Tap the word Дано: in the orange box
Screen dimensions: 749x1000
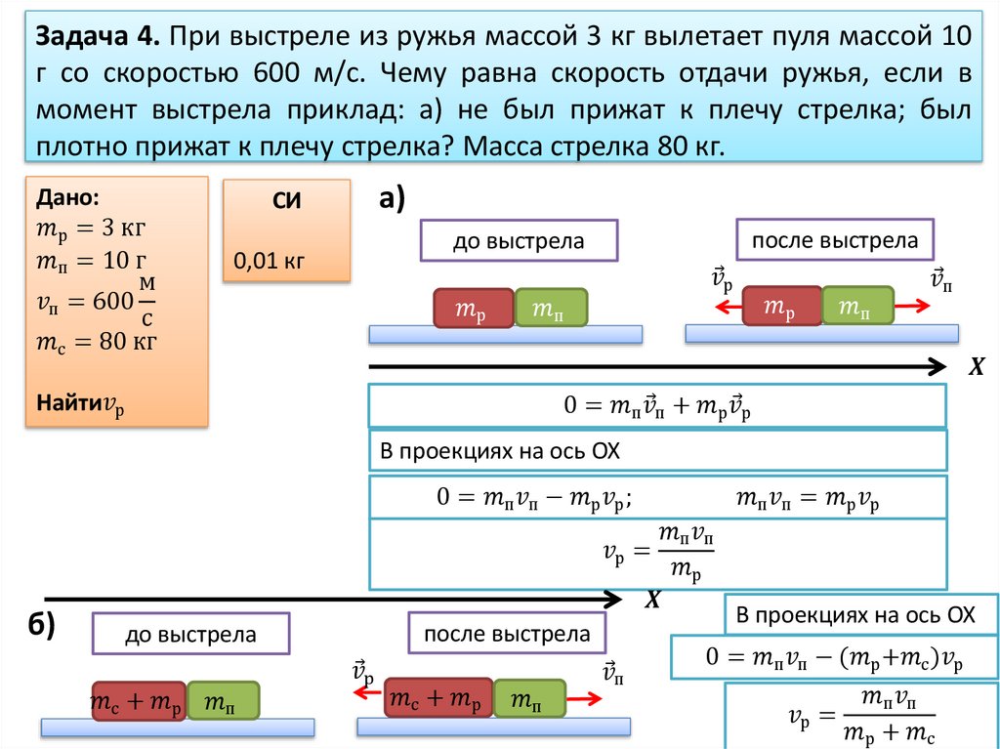[67, 196]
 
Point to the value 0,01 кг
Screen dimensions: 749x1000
[269, 261]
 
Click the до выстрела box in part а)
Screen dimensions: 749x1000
[519, 241]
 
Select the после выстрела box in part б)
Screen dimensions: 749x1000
[507, 635]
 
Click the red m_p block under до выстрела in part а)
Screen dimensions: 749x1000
[473, 309]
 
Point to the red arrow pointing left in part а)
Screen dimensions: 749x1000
[726, 306]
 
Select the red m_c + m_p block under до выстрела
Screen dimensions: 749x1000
[137, 700]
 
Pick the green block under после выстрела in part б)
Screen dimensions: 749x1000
[530, 698]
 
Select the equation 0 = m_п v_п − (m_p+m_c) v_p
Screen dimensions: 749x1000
[835, 658]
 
